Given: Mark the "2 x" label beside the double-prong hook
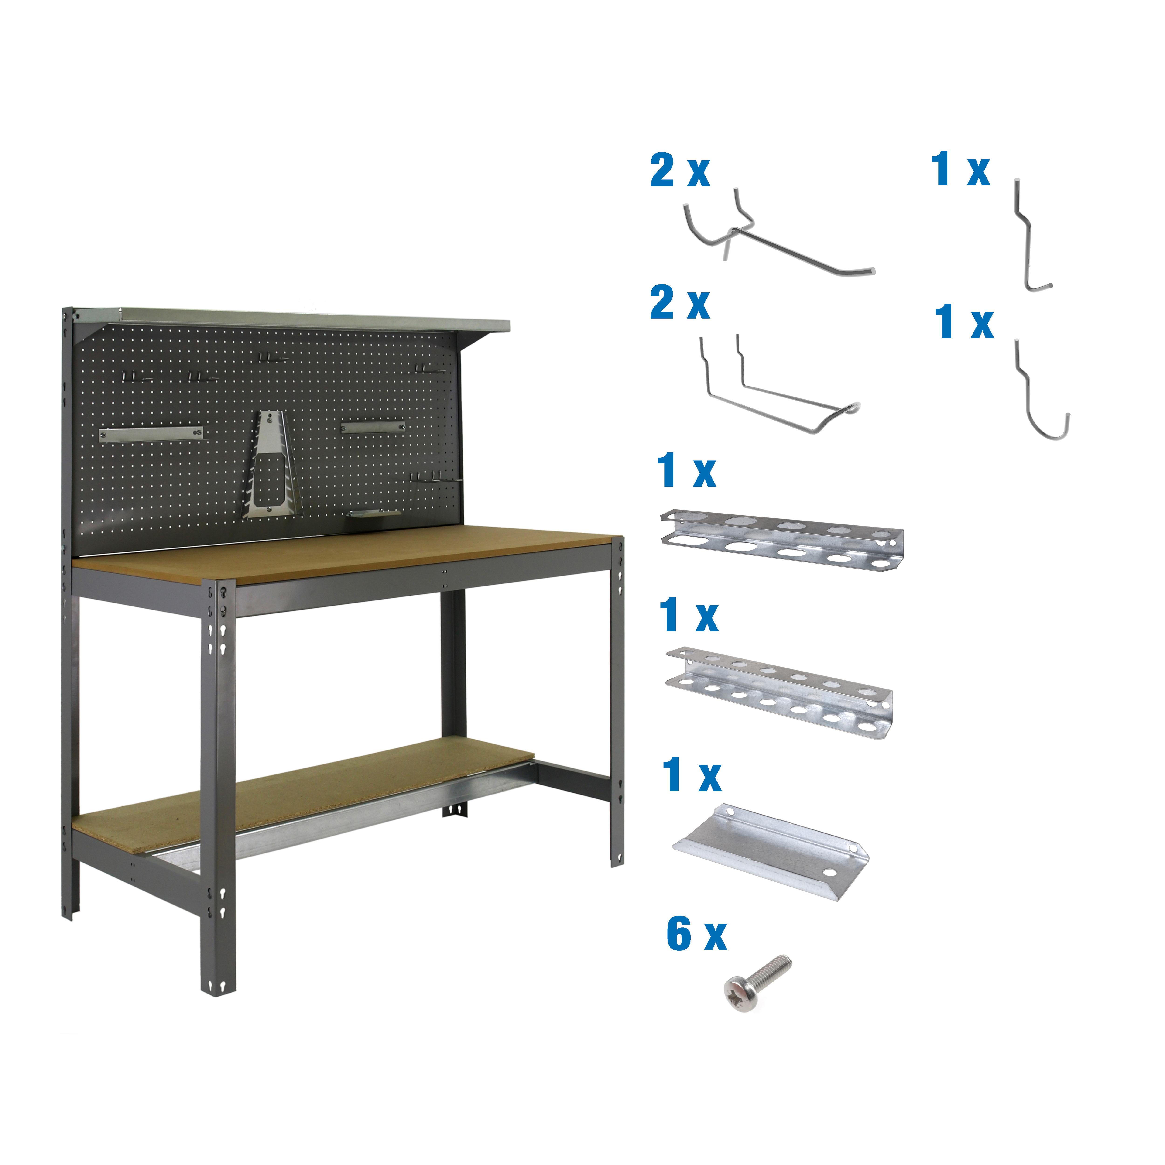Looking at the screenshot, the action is [x=680, y=171].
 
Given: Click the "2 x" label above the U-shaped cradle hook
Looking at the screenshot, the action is [x=680, y=303].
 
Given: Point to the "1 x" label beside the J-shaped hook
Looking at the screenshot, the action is [x=964, y=321].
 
